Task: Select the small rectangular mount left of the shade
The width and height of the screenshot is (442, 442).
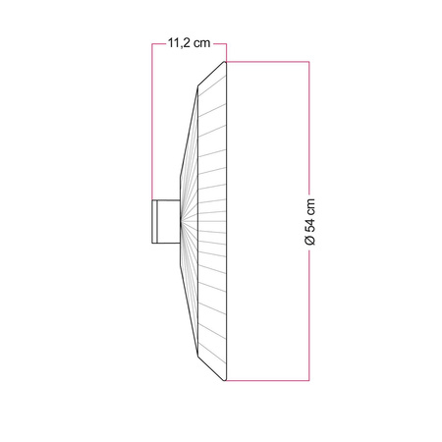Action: click(164, 221)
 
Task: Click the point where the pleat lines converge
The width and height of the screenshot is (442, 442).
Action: click(181, 221)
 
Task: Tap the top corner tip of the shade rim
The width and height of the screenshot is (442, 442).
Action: click(227, 62)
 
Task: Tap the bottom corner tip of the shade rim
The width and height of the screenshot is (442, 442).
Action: click(227, 380)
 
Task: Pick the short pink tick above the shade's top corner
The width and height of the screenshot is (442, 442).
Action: click(227, 52)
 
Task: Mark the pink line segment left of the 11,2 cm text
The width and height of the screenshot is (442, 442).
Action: click(158, 44)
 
